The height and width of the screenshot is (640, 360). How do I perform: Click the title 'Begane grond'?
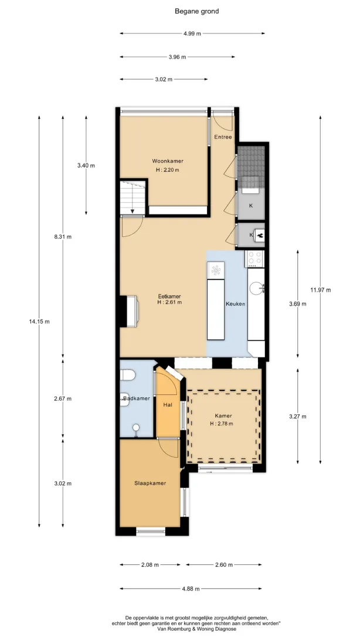[197, 12]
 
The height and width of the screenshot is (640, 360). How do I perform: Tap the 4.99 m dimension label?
[192, 33]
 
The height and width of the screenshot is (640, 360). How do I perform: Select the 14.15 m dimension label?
[39, 322]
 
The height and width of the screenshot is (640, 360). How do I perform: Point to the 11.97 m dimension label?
[320, 290]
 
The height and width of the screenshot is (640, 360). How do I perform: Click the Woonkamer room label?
[168, 161]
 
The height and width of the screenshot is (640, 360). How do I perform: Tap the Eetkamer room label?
[169, 297]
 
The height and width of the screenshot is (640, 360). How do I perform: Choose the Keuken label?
[236, 304]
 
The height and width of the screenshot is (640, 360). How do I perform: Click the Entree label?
[223, 137]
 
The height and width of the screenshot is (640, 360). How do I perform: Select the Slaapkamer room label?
[150, 484]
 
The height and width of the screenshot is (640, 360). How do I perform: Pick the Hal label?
[167, 405]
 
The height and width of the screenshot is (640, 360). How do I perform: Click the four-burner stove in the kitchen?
[254, 258]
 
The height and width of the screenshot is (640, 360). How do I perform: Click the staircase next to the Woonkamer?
[133, 197]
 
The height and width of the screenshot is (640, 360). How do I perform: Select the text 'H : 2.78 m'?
[222, 424]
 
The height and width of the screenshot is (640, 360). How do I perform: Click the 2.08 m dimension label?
[150, 565]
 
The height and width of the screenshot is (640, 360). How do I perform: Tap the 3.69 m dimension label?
[297, 304]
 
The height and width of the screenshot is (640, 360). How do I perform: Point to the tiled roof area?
[251, 161]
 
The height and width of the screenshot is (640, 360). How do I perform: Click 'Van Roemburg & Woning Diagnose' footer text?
[196, 629]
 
